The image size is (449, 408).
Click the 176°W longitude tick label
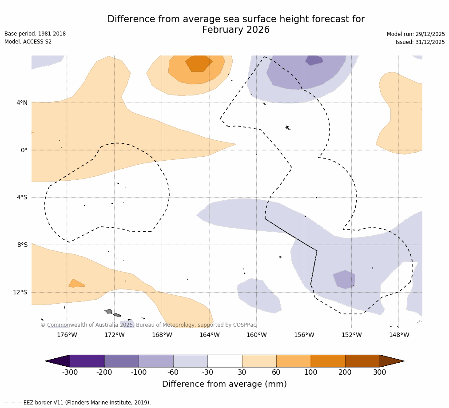point(67,335)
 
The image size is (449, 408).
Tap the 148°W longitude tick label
point(399,335)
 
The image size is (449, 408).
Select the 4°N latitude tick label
point(22,103)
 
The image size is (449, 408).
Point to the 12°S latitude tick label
point(20,292)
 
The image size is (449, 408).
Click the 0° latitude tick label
point(24,150)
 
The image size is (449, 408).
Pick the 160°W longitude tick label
point(256,335)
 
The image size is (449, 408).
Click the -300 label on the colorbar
point(70,372)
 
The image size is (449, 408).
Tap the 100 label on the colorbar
point(310,372)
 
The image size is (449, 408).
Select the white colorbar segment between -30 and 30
point(225,361)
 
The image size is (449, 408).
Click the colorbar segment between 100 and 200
point(328,361)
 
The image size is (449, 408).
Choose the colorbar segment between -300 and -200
point(87,361)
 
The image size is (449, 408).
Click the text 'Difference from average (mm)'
point(224,384)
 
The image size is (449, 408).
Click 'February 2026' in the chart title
point(236,30)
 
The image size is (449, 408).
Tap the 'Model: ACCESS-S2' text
point(28,42)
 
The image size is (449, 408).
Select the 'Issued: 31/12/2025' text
point(420,42)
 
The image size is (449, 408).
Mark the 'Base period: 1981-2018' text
point(35,34)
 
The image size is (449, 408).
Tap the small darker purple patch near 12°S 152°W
point(345,279)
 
